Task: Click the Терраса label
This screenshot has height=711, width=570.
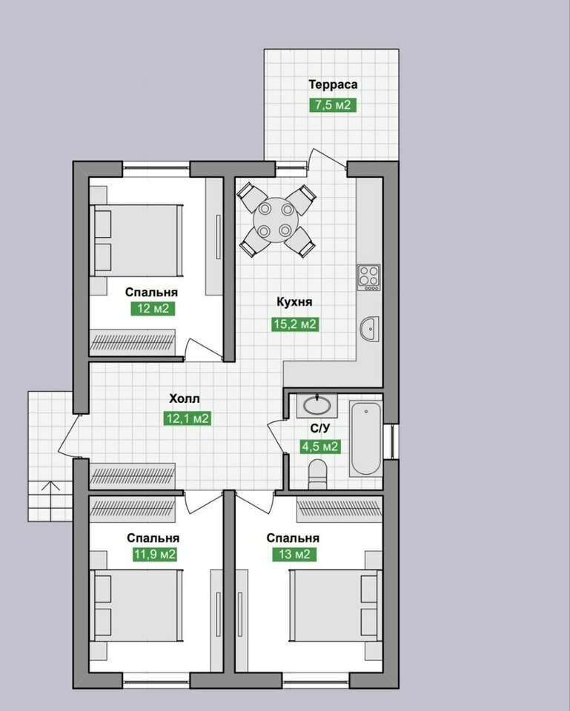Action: [333, 84]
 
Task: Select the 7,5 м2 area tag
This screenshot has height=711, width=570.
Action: [333, 104]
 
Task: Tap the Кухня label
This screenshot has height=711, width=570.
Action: [294, 302]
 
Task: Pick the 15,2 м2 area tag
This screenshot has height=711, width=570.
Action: [294, 324]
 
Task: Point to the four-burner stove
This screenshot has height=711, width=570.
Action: [368, 278]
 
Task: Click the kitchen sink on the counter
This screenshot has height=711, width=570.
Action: [369, 328]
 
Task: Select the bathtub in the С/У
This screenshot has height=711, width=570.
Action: [365, 438]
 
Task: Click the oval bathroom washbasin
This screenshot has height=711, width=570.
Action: [317, 406]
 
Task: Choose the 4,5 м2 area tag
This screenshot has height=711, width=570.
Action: [320, 447]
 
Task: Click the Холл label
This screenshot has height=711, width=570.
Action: [185, 399]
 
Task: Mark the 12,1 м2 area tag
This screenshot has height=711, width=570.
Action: [188, 418]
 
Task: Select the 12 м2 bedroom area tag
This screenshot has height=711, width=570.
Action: [153, 309]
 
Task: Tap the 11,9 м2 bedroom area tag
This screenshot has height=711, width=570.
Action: [155, 554]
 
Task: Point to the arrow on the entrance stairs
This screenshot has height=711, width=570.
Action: [50, 487]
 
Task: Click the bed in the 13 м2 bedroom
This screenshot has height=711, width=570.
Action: [335, 605]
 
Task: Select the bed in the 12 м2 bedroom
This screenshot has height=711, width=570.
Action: [136, 240]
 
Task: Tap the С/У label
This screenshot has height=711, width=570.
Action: [319, 427]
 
